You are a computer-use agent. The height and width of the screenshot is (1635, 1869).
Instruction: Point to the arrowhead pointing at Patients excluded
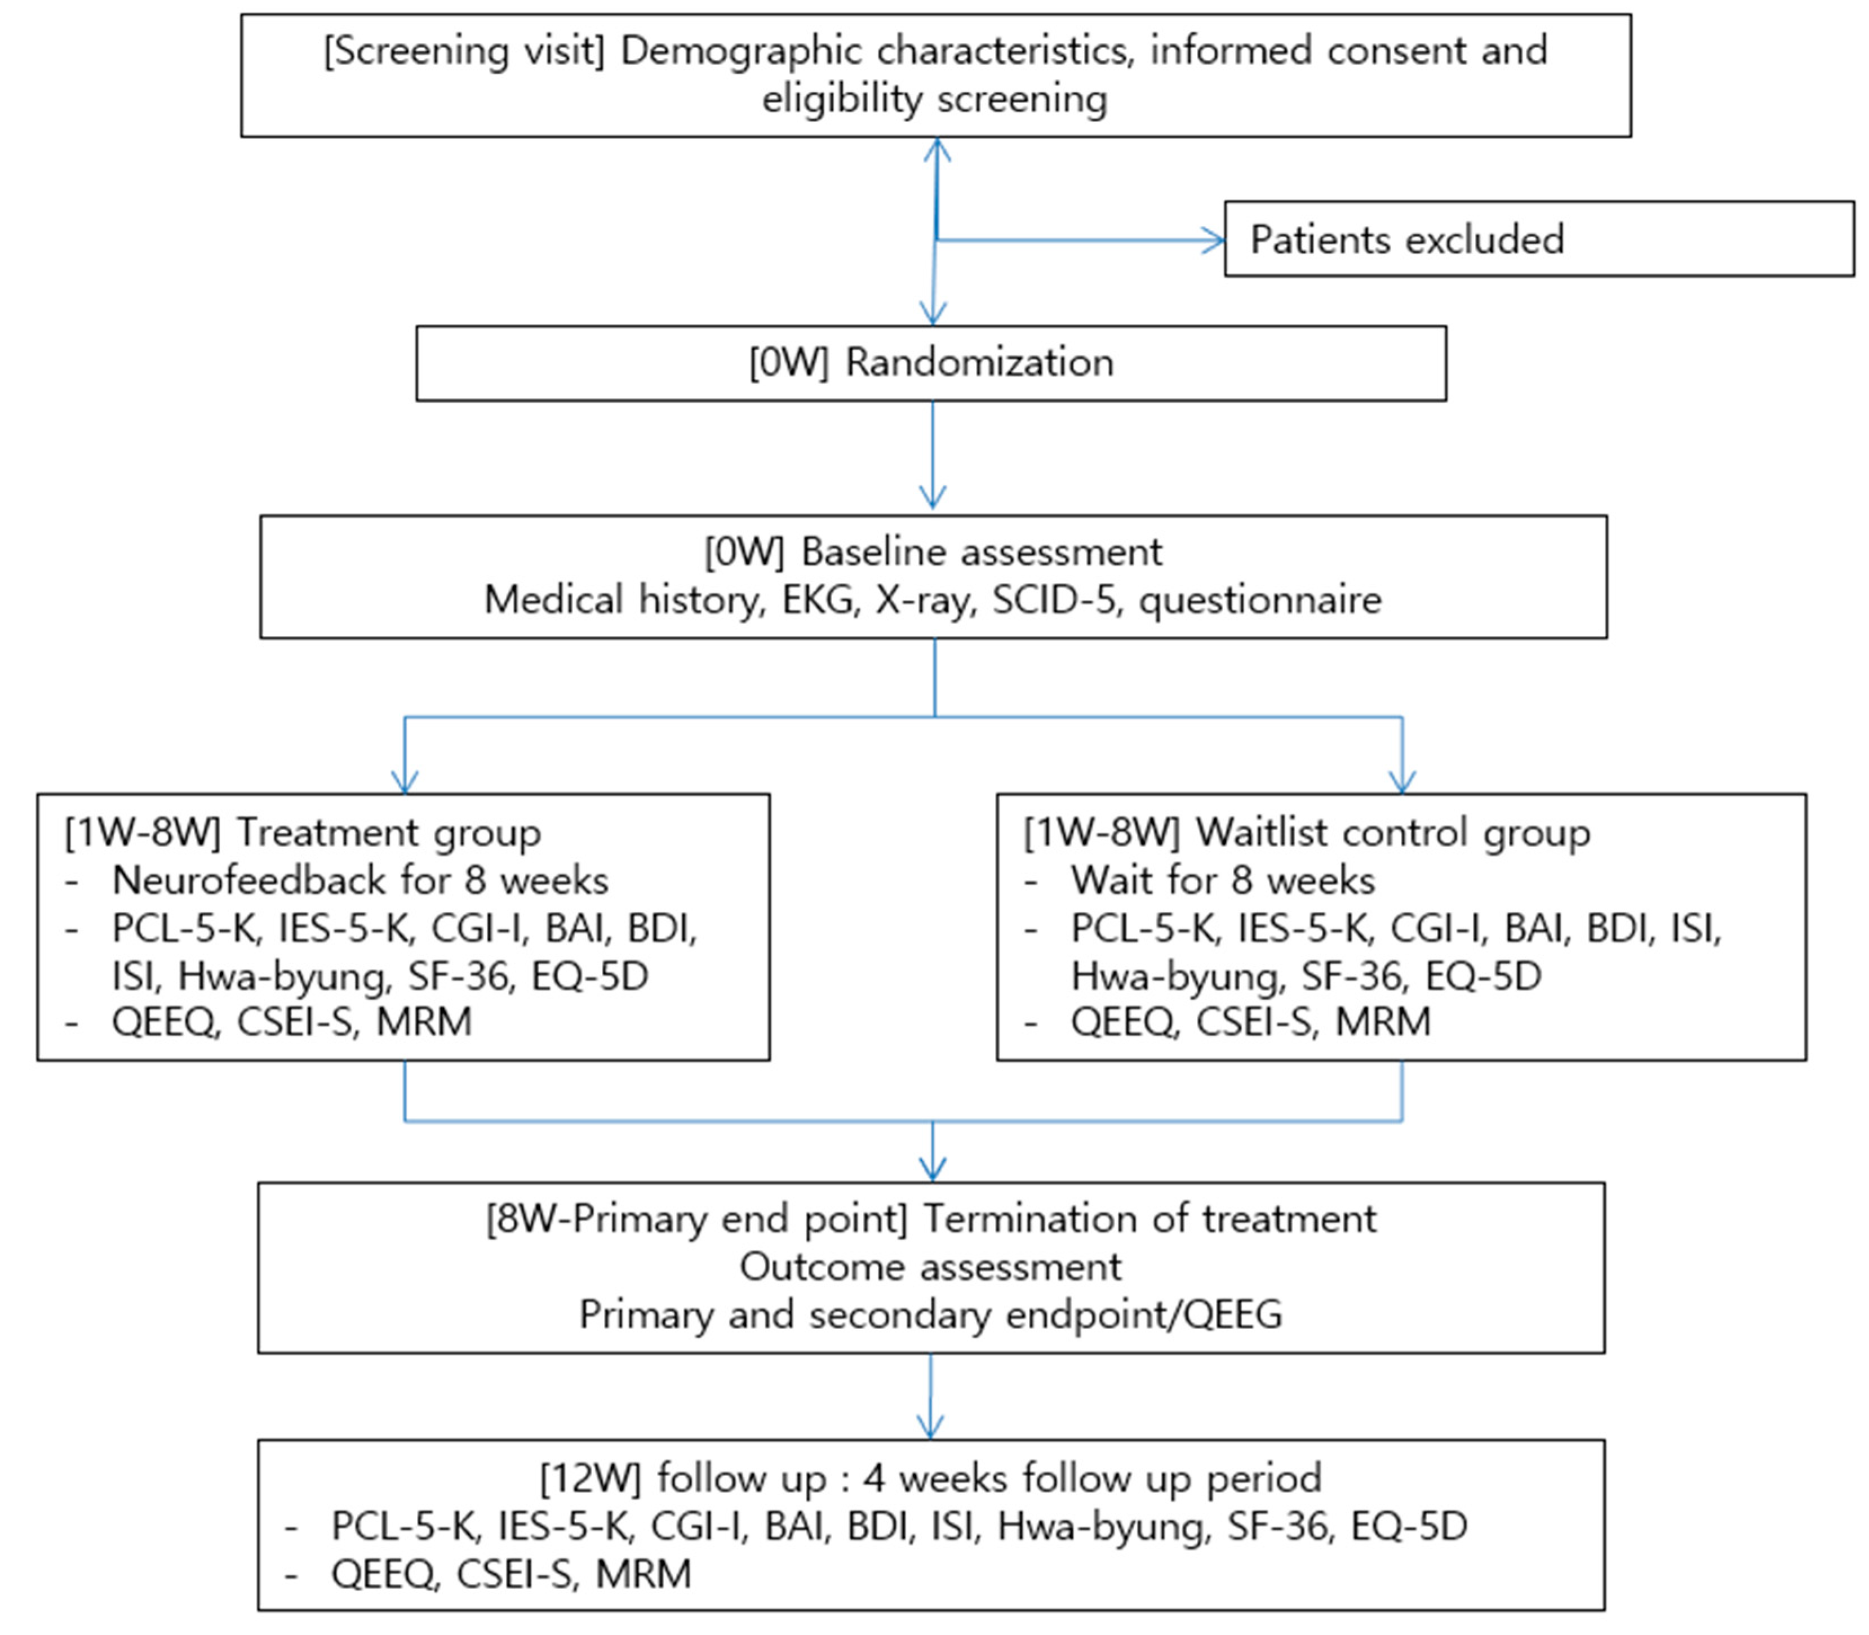[1214, 241]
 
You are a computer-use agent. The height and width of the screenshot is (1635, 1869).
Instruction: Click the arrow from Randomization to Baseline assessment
[932, 456]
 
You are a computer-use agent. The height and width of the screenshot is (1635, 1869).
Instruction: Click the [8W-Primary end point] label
[696, 1219]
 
